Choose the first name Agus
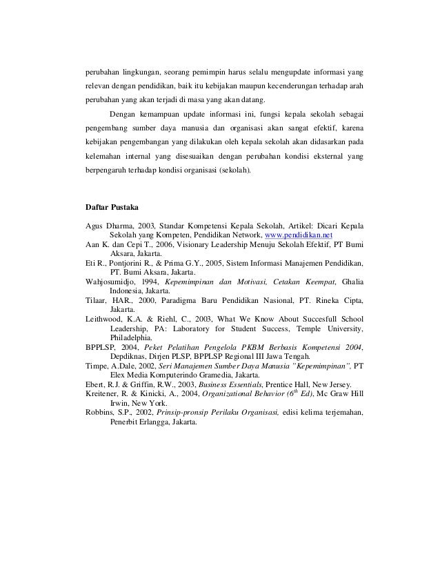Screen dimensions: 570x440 [94, 226]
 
